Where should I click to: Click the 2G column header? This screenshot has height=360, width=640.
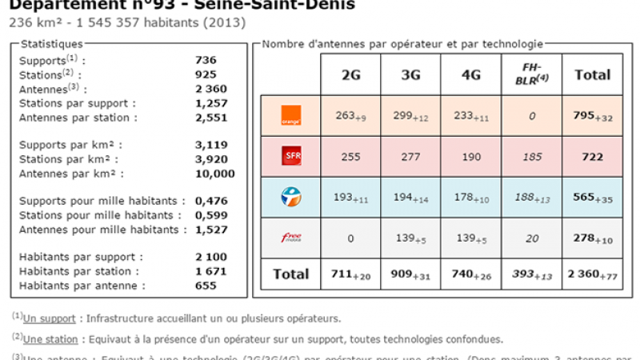350,75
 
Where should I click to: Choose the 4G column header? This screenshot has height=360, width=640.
472,75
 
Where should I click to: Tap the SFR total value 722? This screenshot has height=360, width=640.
592,158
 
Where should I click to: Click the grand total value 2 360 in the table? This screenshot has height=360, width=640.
585,274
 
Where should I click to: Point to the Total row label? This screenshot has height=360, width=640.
290,274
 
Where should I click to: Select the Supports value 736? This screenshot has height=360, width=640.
206,60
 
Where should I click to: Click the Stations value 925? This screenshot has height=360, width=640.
206,74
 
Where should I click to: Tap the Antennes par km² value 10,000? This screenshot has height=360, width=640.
214,173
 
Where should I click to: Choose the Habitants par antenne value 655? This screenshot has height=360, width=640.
206,285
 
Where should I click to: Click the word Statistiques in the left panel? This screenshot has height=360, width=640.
51,43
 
